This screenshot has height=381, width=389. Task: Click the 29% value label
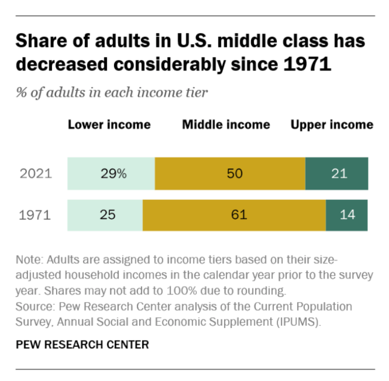click(x=114, y=173)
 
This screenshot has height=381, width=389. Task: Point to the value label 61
click(x=239, y=214)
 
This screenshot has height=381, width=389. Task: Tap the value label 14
click(x=346, y=214)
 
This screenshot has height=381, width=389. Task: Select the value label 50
click(x=235, y=173)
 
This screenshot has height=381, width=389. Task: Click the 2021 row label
click(x=36, y=173)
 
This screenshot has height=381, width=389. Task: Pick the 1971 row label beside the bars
click(x=35, y=214)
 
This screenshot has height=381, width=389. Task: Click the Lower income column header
click(x=109, y=125)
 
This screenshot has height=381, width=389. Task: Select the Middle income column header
click(x=226, y=125)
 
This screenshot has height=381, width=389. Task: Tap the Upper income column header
click(x=332, y=125)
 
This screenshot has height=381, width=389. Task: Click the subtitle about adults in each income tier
click(x=112, y=93)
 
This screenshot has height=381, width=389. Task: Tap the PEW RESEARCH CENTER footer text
click(x=82, y=344)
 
